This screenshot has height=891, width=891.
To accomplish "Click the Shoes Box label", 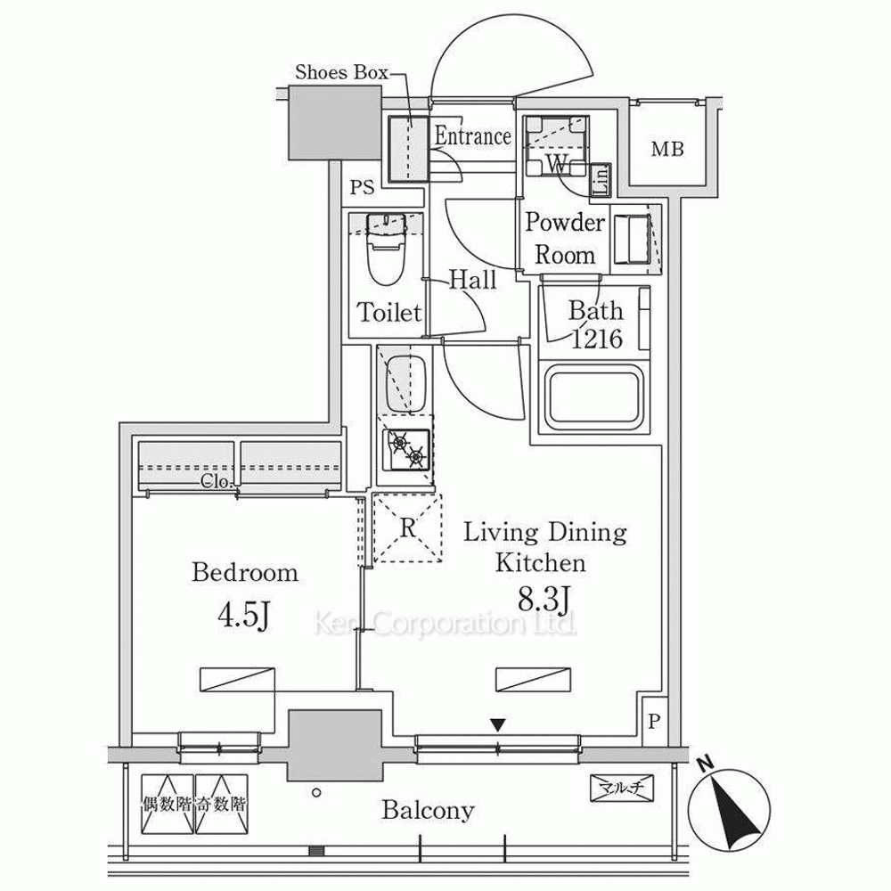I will point(341,73).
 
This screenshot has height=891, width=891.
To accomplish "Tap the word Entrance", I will point(472,136).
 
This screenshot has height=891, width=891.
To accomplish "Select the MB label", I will point(666,150).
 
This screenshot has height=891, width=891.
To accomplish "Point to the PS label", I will point(362,188).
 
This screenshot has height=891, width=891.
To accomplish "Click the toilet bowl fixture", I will point(386,254).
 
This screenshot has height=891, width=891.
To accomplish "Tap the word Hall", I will point(472,281).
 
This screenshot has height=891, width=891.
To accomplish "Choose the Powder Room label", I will point(565,238).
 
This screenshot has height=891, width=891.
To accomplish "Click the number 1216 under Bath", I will point(596,339).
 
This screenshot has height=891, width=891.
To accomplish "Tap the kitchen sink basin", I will point(405,384).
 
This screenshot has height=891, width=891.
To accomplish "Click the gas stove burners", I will point(407,449).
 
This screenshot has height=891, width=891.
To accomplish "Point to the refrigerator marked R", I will point(407,527).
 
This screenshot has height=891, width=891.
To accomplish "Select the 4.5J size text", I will point(244,616).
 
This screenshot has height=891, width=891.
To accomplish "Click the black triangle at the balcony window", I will point(500,725).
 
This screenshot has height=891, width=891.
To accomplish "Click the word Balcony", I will point(428,811).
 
